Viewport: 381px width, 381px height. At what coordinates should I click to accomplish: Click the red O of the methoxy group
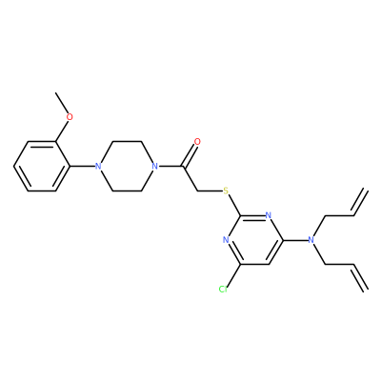click(70, 117)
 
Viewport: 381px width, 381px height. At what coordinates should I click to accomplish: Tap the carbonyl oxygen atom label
click(197, 142)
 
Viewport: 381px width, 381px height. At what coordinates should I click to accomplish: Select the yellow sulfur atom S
click(226, 190)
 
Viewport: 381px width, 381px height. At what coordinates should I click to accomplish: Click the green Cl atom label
click(223, 290)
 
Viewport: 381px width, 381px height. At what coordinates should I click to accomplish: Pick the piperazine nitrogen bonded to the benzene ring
click(98, 166)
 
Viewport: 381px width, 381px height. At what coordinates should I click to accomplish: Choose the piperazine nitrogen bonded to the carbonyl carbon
click(154, 166)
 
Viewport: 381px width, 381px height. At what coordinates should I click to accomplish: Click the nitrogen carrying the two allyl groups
click(311, 240)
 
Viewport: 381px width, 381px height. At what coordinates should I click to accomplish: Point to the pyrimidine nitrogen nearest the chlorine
click(226, 240)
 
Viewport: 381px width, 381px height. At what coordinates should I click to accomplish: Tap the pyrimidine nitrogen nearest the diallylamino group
click(269, 215)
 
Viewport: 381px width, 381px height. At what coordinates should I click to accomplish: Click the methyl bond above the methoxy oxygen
click(62, 103)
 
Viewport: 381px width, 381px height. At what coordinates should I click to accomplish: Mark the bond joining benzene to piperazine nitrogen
click(82, 166)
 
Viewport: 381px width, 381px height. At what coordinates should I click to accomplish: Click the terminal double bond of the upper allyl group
click(360, 203)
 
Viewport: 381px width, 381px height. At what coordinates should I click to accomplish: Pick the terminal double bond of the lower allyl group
click(360, 277)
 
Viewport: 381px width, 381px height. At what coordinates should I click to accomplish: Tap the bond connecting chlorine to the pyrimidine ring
click(233, 274)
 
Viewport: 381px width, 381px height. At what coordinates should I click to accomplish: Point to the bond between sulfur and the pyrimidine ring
click(234, 206)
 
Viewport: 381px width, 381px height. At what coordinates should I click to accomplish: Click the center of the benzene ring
click(42, 166)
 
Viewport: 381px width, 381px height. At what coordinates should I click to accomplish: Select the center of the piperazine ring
click(127, 166)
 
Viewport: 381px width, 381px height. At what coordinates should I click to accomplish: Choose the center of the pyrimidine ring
click(254, 240)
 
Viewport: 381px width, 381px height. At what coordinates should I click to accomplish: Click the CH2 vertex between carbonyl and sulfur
click(197, 190)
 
